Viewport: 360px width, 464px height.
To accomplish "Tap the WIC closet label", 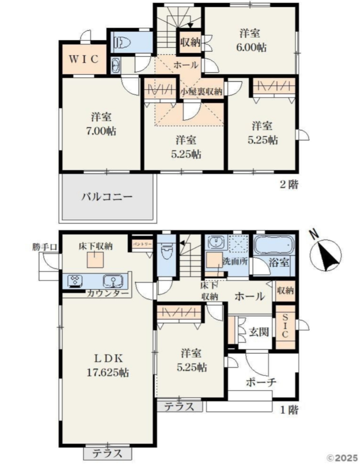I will click(84, 59).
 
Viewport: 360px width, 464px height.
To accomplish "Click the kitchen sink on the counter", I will click(113, 281).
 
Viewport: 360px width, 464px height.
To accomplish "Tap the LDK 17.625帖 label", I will click(108, 365).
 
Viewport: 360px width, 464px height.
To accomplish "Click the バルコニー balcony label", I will click(107, 197).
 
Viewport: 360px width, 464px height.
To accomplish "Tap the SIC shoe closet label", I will click(285, 326).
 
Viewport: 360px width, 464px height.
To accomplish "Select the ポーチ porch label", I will click(261, 382).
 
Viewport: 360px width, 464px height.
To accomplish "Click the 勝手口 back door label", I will click(45, 247).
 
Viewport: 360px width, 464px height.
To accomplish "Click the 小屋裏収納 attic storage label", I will click(201, 91).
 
